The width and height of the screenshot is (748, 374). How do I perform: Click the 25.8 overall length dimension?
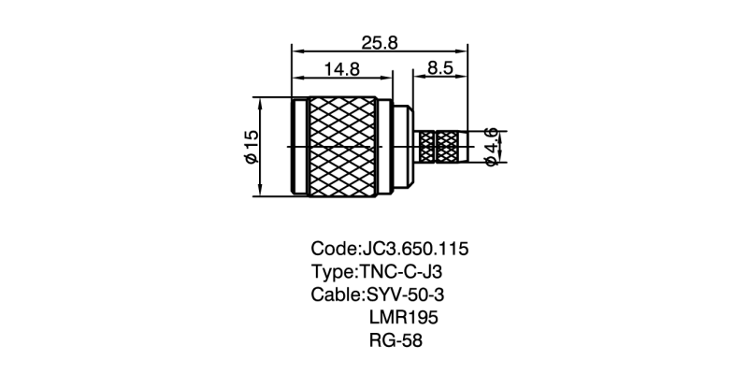[381, 44]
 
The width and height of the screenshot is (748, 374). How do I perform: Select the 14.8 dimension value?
[341, 69]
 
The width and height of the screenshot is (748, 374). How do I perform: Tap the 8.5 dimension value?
[440, 69]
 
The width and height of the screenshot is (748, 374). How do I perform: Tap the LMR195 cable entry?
[404, 318]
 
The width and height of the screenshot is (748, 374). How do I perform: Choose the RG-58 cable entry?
[396, 340]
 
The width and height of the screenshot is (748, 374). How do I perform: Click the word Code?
[332, 250]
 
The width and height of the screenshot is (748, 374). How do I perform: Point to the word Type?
[331, 273]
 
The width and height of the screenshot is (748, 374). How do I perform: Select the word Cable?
[335, 295]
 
